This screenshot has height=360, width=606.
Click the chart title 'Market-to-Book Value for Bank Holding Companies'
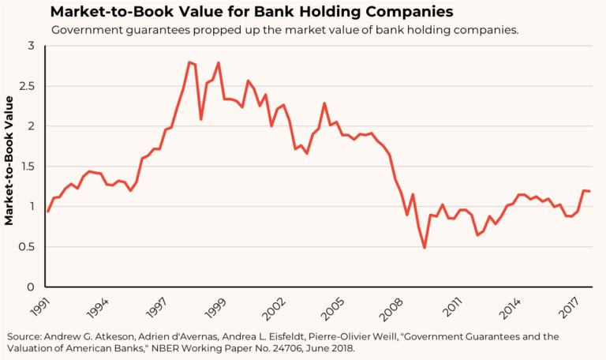pyautogui.click(x=252, y=12)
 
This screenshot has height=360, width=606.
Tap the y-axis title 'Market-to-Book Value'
pyautogui.click(x=9, y=160)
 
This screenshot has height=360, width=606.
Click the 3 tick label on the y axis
pyautogui.click(x=31, y=46)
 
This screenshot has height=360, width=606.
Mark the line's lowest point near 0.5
pyautogui.click(x=425, y=248)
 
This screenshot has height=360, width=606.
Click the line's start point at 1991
pyautogui.click(x=47, y=212)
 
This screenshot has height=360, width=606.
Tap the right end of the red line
pyautogui.click(x=590, y=191)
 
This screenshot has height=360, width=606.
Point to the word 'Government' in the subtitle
pyautogui.click(x=85, y=30)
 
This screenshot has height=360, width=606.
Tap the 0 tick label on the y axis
pyautogui.click(x=31, y=287)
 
